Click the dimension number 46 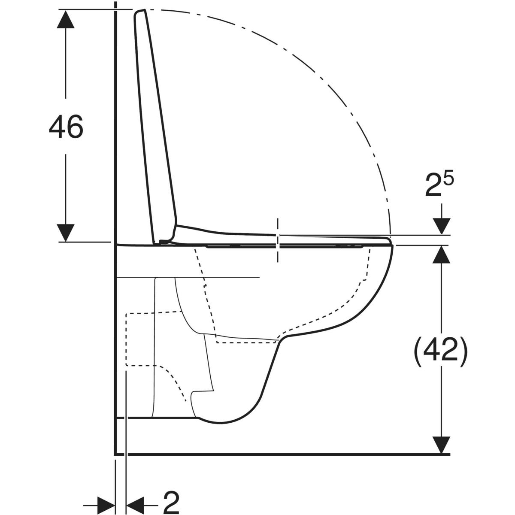pos(66,127)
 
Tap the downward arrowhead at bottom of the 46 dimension pos(66,233)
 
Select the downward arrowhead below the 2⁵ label pos(442,226)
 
